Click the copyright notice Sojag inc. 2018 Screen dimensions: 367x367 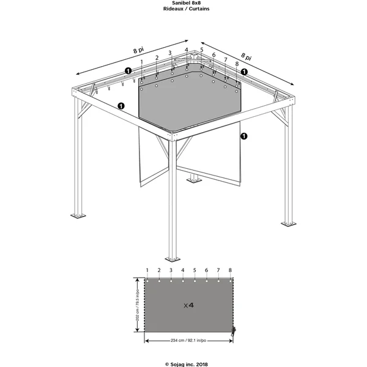187,364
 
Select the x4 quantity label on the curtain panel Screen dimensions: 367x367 188,305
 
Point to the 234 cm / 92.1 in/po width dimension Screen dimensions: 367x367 188,341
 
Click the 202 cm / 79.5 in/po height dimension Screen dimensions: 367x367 138,305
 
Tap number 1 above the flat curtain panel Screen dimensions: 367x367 147,270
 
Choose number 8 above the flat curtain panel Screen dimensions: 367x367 230,270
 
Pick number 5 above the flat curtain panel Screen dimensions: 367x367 195,270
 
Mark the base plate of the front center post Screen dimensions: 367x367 172,259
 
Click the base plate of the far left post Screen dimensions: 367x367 78,216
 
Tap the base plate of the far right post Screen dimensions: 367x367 288,224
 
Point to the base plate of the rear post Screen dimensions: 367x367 194,180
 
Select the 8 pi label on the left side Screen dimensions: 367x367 139,50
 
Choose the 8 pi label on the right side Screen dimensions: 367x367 247,56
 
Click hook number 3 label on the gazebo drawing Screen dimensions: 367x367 170,53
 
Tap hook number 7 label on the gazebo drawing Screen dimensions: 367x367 225,60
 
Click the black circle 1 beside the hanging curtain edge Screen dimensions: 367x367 244,136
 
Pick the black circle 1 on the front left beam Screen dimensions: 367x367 121,106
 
